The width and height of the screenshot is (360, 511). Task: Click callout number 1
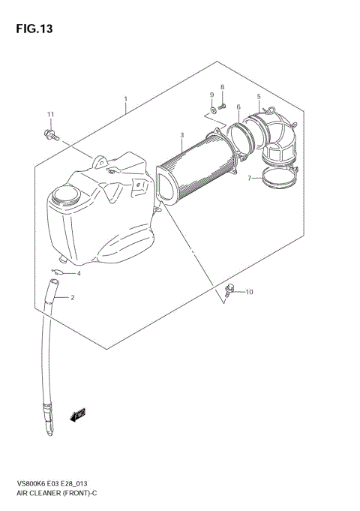point(125,98)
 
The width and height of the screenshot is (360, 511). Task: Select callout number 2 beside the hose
point(73,298)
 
